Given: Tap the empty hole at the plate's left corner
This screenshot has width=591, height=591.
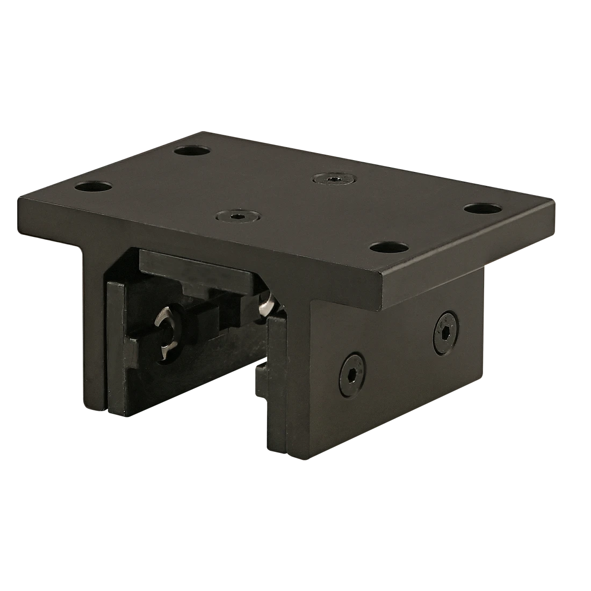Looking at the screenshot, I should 93,188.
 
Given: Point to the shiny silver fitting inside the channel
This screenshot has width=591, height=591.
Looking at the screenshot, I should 267,306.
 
